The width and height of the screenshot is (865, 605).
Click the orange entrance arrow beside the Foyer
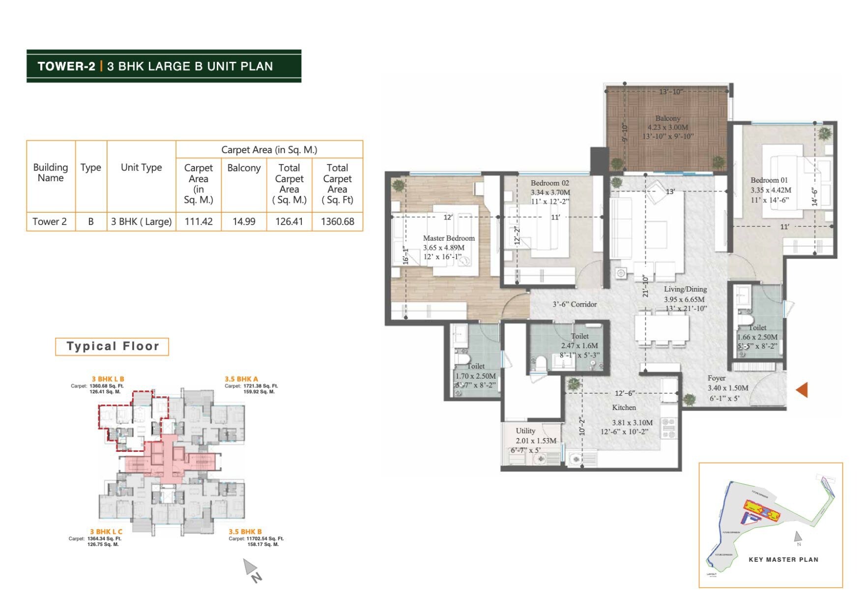pyautogui.click(x=802, y=390)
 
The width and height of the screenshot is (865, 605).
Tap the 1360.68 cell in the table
pyautogui.click(x=337, y=221)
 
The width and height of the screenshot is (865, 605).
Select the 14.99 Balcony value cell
pyautogui.click(x=244, y=221)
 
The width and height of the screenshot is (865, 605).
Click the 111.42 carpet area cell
pyautogui.click(x=199, y=221)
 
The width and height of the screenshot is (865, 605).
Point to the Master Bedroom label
pyautogui.click(x=449, y=238)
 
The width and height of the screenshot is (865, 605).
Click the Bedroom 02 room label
pyautogui.click(x=549, y=183)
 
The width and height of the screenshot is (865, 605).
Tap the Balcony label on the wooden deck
pyautogui.click(x=667, y=118)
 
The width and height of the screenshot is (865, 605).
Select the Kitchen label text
pyautogui.click(x=624, y=408)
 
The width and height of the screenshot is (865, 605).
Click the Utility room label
pyautogui.click(x=525, y=431)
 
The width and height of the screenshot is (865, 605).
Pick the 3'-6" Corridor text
pyautogui.click(x=575, y=304)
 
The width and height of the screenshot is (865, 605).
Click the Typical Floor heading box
pyautogui.click(x=112, y=346)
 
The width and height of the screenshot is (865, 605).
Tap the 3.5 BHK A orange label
pyautogui.click(x=241, y=379)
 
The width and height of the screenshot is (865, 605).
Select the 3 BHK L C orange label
pyautogui.click(x=106, y=531)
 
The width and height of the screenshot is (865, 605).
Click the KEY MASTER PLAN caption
pyautogui.click(x=783, y=559)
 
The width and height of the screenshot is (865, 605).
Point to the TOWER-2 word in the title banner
pyautogui.click(x=66, y=66)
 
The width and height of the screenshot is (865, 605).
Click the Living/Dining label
pyautogui.click(x=685, y=289)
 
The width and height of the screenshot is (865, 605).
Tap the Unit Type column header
pyautogui.click(x=141, y=167)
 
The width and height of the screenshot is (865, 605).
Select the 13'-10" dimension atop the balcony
pyautogui.click(x=670, y=92)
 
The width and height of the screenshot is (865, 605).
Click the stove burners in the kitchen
pyautogui.click(x=668, y=427)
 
